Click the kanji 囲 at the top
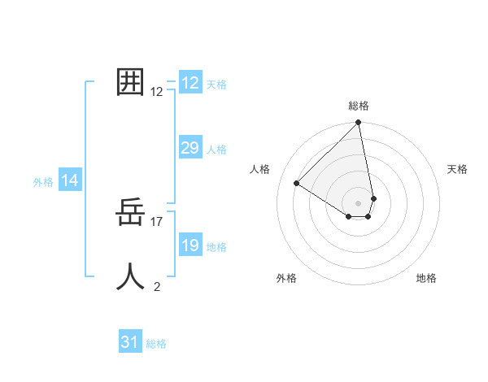130,81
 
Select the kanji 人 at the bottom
130,276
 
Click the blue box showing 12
190,83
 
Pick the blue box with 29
190,148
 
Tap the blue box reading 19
190,245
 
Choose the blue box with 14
70,181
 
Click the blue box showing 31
130,342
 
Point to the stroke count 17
157,221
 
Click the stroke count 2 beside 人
157,286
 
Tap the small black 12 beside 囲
157,92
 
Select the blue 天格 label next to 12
216,85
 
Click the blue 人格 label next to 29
216,150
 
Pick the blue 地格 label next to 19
216,247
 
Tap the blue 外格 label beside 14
43,183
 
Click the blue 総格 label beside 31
156,344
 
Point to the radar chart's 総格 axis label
359,106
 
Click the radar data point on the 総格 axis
359,124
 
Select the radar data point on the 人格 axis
297,183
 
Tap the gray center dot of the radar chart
359,202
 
